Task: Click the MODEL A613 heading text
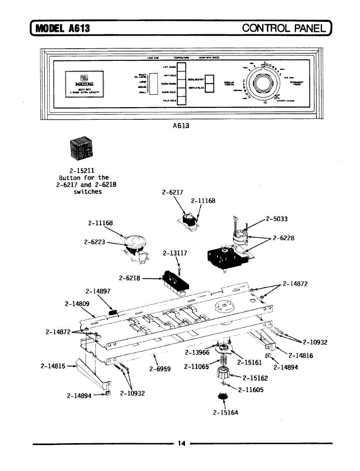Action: click(x=63, y=28)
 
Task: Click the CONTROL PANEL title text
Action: click(x=284, y=28)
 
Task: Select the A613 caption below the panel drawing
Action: click(x=181, y=126)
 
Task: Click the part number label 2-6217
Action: click(x=172, y=192)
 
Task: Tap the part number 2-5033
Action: click(x=277, y=219)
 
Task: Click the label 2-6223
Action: click(x=95, y=242)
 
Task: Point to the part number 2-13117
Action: click(x=175, y=254)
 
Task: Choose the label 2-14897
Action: click(x=98, y=291)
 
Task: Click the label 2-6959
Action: click(x=160, y=369)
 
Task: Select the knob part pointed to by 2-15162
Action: click(x=223, y=373)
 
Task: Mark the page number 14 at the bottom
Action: click(x=181, y=444)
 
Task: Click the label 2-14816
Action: click(x=301, y=356)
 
